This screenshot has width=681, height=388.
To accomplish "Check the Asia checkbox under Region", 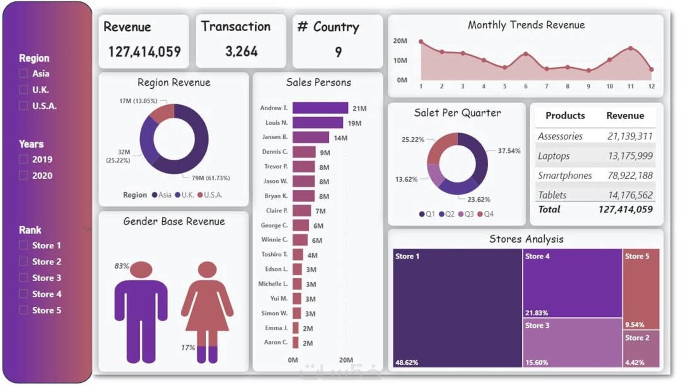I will click(x=24, y=74).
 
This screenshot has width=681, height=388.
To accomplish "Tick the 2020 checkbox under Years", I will click(x=24, y=176).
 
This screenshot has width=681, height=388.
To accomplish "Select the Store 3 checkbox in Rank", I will click(x=24, y=278).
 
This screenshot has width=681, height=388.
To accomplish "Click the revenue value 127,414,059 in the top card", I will click(x=144, y=52).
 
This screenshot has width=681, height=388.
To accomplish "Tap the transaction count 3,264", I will click(x=241, y=51).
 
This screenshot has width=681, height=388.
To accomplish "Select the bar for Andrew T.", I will click(x=320, y=108).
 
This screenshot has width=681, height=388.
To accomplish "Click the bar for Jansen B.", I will click(x=310, y=138).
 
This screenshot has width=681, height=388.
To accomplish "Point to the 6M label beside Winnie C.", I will click(x=317, y=240).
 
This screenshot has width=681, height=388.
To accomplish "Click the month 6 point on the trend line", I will click(x=526, y=54).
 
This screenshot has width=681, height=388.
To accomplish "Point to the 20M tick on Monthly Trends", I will click(x=400, y=41).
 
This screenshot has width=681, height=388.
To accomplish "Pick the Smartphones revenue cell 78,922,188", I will click(x=630, y=175).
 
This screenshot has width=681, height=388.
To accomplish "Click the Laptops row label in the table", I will click(x=554, y=156).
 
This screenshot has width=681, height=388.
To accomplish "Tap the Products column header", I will click(x=565, y=116).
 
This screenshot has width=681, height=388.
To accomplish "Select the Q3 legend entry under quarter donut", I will click(x=466, y=214).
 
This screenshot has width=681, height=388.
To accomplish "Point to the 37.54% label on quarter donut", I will click(x=509, y=151).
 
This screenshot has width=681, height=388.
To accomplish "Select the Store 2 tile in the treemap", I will click(x=641, y=348).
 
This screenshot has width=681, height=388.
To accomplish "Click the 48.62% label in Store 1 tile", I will click(x=407, y=362).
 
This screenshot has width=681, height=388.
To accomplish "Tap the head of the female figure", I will click(x=207, y=270).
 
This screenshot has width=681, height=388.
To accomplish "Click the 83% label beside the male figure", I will click(x=121, y=266).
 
